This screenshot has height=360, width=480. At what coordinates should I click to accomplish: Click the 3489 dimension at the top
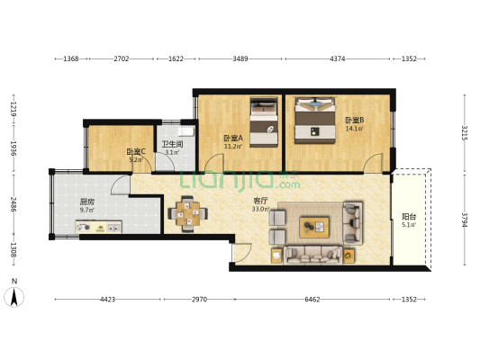240,58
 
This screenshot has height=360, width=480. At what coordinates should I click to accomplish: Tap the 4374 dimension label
338,58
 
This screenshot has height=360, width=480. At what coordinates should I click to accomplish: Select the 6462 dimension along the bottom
312,300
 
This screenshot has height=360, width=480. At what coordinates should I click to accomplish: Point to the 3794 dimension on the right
465,220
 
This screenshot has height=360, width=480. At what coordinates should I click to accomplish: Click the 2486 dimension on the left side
14,204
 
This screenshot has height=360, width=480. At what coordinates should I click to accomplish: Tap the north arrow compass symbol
14,297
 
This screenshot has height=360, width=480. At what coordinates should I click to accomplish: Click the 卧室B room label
355,120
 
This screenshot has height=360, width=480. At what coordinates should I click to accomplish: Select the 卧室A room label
233,138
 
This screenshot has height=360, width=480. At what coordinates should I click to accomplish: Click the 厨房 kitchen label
87,202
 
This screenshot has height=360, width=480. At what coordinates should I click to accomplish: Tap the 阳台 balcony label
409,217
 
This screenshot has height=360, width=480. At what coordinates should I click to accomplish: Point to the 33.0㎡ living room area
261,209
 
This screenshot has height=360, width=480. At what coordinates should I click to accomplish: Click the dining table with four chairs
188,213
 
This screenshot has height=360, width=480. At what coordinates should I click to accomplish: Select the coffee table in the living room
314,228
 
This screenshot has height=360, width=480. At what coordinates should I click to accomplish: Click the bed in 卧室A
264,122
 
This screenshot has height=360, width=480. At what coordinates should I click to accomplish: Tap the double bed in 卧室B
315,120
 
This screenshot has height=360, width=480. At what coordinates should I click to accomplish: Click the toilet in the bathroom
186,131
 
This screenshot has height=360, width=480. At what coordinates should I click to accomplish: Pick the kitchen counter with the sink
98,227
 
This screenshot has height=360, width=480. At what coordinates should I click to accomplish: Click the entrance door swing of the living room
242,253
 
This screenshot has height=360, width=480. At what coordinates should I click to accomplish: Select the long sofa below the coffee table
312,255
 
